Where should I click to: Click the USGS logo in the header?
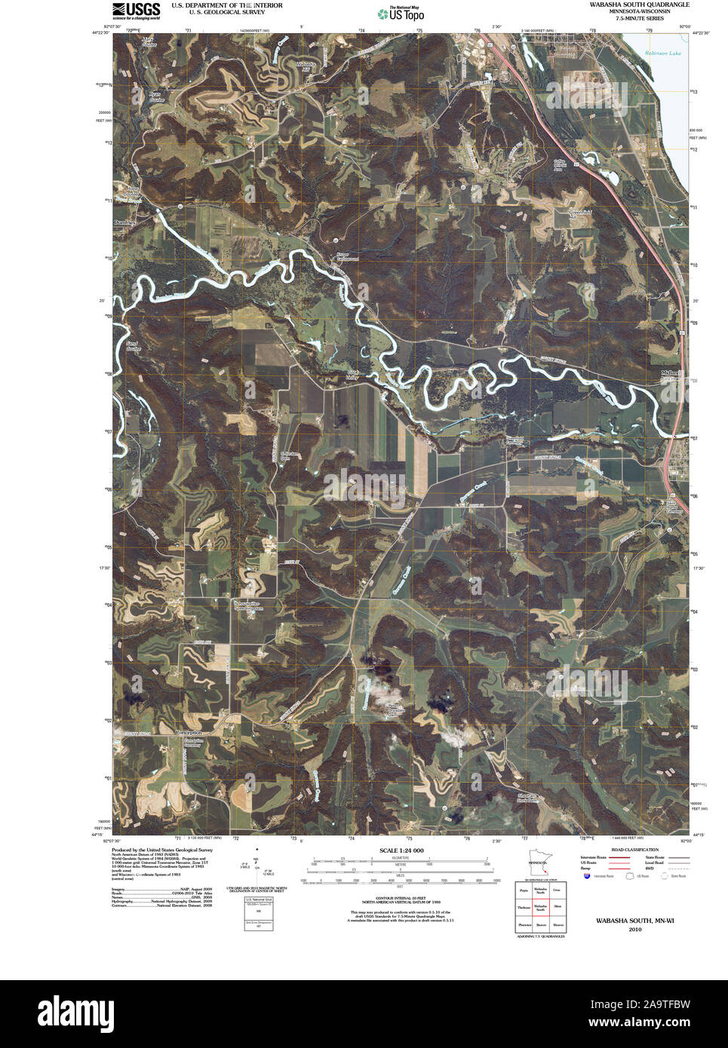point(136,10)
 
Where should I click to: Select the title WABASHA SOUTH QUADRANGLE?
point(639,5)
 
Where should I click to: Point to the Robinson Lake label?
point(663,54)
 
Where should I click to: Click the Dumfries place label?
point(126,223)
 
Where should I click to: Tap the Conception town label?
point(189,733)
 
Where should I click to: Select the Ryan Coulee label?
point(155,97)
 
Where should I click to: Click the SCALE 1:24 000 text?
point(401,850)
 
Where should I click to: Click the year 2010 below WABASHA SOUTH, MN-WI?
point(634,930)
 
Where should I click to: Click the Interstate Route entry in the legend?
point(594,857)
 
